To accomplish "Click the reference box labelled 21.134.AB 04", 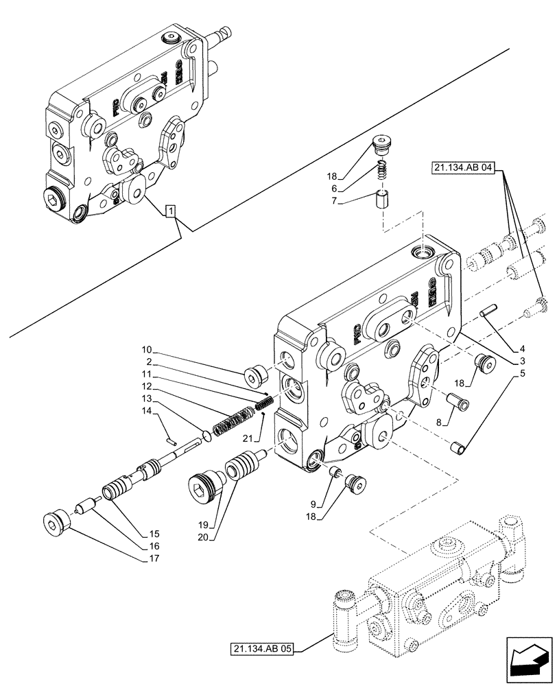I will tap(463, 168).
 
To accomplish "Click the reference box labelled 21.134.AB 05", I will tap(261, 649).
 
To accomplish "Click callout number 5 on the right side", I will tap(523, 373).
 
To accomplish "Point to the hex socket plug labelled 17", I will tap(54, 522).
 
